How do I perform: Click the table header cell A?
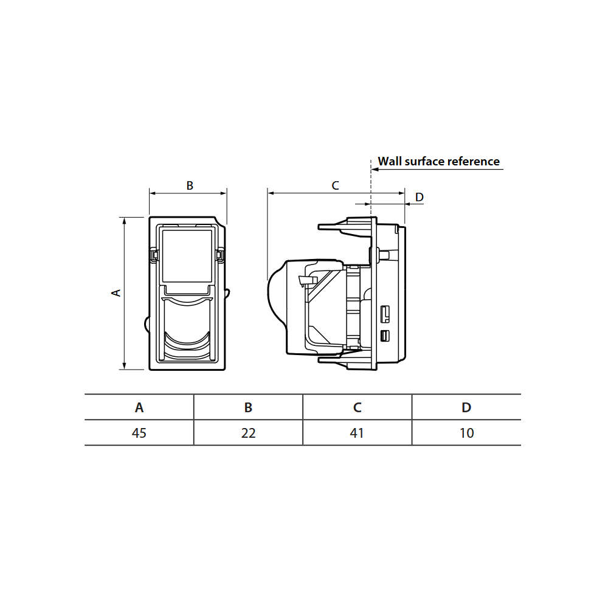[x=139, y=407]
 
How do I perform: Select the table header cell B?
[x=248, y=407]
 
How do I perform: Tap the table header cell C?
[x=357, y=407]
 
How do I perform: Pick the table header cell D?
[x=466, y=407]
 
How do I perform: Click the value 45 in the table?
[x=139, y=433]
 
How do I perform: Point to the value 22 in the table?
[x=248, y=433]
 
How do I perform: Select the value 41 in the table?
[x=357, y=433]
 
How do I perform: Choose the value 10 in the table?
[x=466, y=433]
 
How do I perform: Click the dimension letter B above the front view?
[x=190, y=185]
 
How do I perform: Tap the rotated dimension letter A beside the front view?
[x=116, y=293]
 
